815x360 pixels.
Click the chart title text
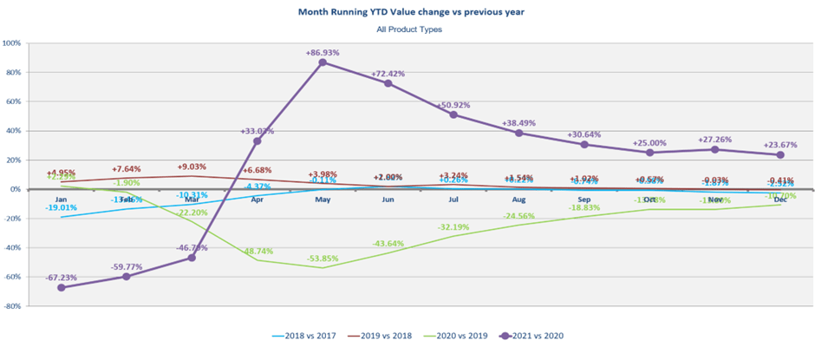409,12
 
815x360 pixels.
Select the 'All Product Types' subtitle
409,29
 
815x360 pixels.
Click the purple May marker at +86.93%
323,62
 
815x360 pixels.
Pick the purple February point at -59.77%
126,277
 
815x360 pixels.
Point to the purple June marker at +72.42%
388,83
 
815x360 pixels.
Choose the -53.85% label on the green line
323,259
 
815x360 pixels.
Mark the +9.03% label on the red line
192,167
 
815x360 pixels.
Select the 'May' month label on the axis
323,199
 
